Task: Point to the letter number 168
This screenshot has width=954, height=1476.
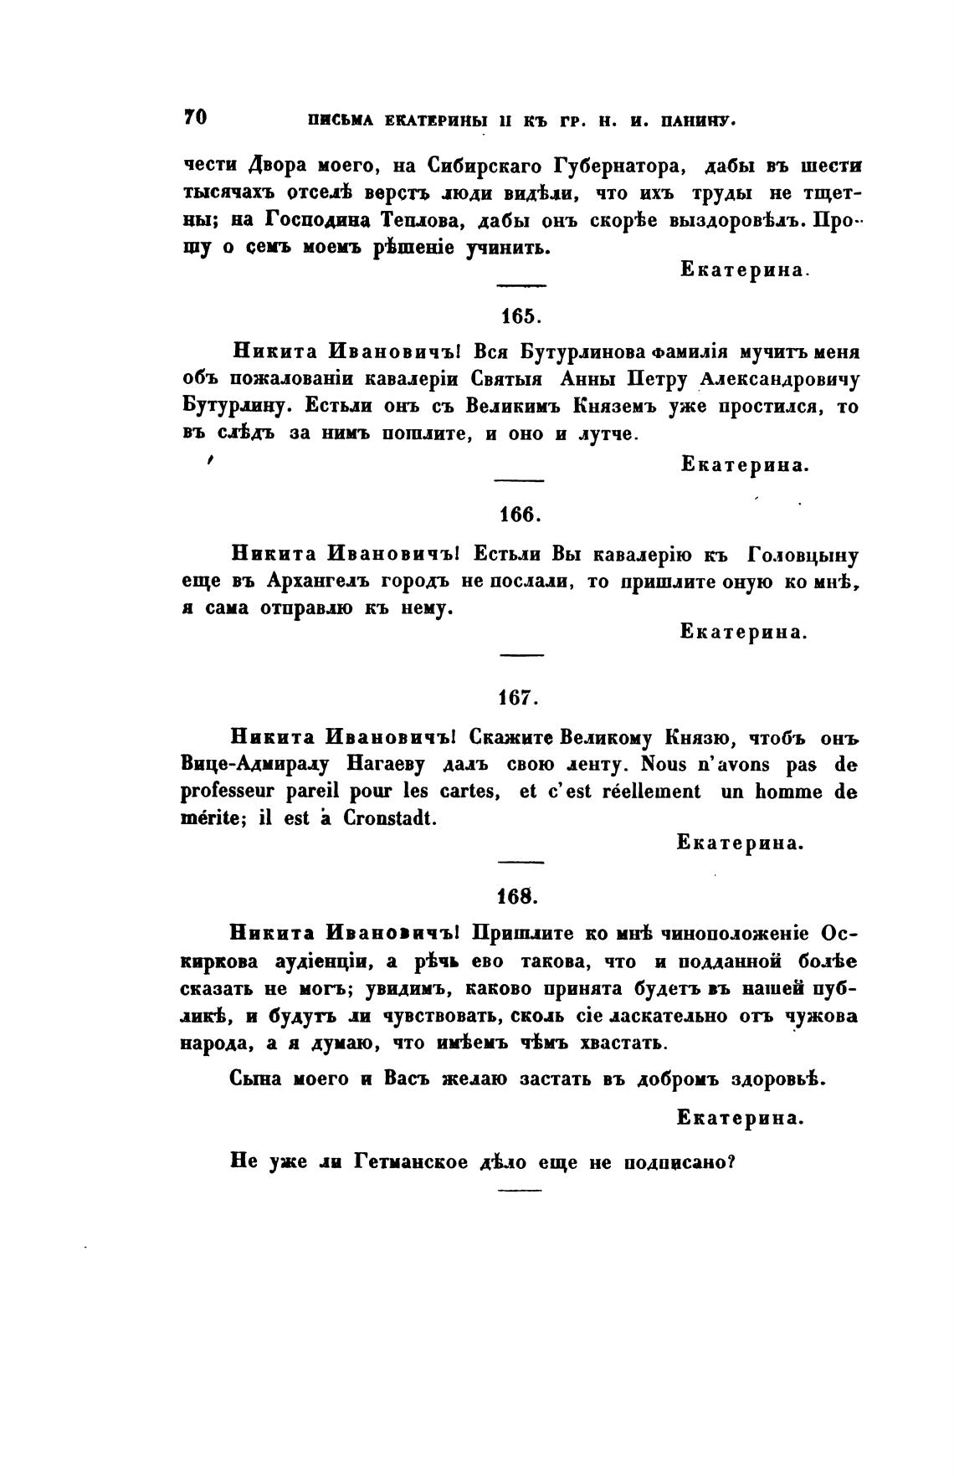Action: [x=521, y=896]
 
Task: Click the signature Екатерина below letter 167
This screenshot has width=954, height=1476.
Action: [x=740, y=843]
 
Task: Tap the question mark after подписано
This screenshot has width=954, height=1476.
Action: [x=731, y=1161]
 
